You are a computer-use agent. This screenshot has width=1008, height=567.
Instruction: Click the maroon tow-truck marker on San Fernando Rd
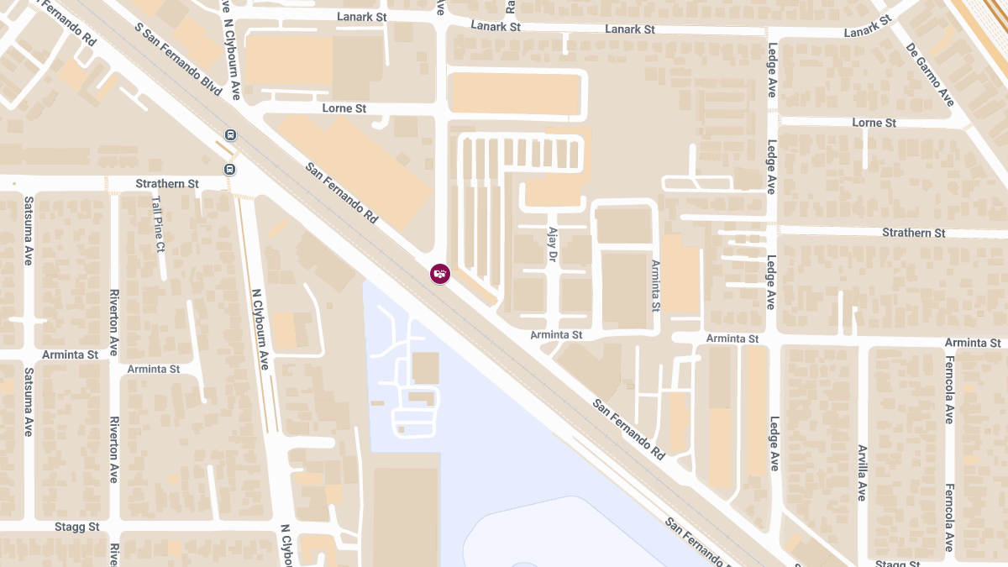click(440, 273)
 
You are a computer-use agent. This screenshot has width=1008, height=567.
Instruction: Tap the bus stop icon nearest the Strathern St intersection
click(229, 169)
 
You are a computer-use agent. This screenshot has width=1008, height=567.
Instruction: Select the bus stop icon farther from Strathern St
click(230, 135)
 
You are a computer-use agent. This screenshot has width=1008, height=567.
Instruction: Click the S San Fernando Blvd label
click(178, 59)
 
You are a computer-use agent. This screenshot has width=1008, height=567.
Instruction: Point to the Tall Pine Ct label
click(159, 224)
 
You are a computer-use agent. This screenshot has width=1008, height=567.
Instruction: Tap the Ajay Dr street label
click(553, 243)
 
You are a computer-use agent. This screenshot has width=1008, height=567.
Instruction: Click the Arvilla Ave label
click(861, 472)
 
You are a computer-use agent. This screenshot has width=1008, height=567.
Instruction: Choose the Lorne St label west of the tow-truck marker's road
click(344, 108)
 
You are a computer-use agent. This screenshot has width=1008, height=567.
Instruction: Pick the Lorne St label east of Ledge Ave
click(874, 123)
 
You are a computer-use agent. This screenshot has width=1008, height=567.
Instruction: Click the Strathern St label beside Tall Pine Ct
click(167, 183)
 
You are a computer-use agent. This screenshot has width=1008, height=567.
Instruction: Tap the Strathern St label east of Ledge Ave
click(913, 233)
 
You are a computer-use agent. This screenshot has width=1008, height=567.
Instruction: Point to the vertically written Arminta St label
click(656, 285)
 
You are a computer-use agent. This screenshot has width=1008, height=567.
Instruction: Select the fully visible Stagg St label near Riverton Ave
click(76, 527)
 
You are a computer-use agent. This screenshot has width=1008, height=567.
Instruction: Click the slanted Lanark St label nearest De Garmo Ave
click(868, 27)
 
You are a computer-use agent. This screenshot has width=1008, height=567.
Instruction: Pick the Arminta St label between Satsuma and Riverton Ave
click(70, 354)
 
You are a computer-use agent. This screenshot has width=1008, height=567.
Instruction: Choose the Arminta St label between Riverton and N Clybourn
click(154, 369)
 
